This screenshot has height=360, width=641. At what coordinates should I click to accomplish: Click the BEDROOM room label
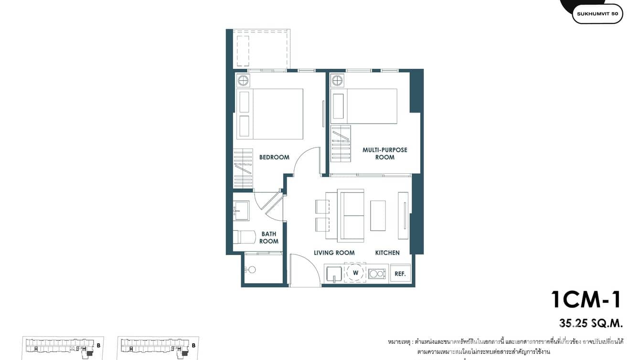(x=274, y=157)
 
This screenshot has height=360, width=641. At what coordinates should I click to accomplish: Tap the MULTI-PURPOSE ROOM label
(x=385, y=153)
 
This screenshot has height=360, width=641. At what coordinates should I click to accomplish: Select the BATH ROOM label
(x=269, y=238)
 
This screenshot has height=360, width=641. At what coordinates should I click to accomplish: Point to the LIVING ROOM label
(x=334, y=253)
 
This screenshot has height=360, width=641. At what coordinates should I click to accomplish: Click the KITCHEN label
(x=387, y=253)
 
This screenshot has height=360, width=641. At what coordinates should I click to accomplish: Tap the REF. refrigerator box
(x=400, y=274)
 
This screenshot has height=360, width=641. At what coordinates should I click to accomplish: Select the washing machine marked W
(x=355, y=273)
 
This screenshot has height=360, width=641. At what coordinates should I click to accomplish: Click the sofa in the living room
(x=351, y=215)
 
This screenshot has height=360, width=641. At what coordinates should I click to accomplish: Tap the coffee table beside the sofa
(x=378, y=215)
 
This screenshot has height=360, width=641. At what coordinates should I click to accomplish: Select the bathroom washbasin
(x=241, y=210)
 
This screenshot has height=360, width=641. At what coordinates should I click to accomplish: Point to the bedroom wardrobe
(x=243, y=169)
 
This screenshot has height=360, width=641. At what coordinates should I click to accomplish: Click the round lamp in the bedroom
(x=243, y=80)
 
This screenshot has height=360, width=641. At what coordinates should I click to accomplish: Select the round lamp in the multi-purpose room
(x=338, y=80)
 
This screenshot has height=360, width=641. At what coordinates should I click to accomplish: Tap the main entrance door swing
(x=304, y=271)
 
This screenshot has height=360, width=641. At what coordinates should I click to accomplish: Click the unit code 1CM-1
(x=586, y=299)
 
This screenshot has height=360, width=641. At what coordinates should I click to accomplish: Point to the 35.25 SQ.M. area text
(x=591, y=323)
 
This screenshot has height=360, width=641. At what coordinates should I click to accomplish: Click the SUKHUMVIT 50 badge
(x=597, y=14)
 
